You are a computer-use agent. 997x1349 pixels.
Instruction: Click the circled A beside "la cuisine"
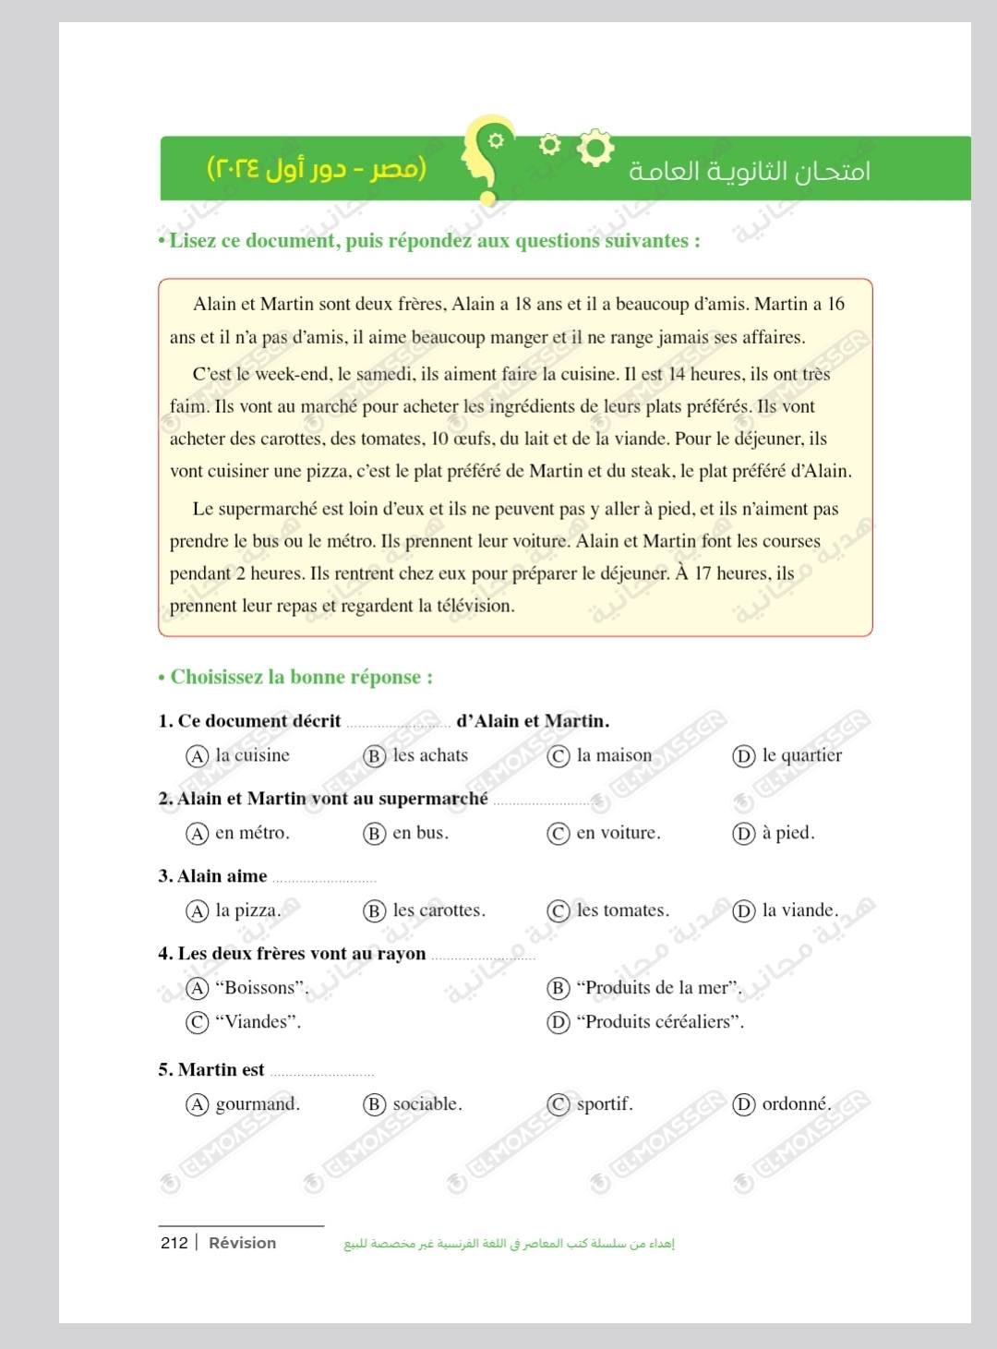tap(197, 756)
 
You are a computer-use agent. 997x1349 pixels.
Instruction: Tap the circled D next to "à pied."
tap(743, 834)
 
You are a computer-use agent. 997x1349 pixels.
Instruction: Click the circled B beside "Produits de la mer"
tap(558, 988)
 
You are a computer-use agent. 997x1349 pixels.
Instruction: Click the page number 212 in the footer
tap(174, 1243)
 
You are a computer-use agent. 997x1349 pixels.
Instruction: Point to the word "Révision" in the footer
tap(242, 1243)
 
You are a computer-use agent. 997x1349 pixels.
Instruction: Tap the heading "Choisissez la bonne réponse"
tap(301, 677)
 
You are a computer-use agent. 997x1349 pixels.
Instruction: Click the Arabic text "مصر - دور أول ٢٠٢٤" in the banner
tap(317, 169)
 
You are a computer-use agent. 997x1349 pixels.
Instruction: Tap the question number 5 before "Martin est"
tap(164, 1070)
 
